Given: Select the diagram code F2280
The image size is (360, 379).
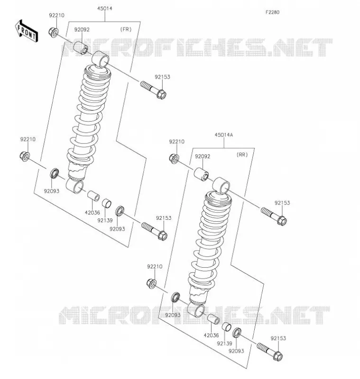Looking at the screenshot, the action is tap(272, 12).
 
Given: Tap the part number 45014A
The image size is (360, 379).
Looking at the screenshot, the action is tap(223, 135).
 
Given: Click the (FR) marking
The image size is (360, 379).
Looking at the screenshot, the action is tap(126, 29).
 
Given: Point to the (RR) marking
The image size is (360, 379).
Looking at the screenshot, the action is tap(242, 155).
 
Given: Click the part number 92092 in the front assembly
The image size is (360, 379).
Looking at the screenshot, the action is tap(82, 29).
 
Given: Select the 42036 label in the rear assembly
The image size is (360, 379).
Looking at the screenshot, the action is tap(211, 335).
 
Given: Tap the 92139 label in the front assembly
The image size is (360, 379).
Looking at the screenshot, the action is tap(105, 220).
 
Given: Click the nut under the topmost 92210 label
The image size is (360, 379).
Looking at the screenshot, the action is tap(53, 33).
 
